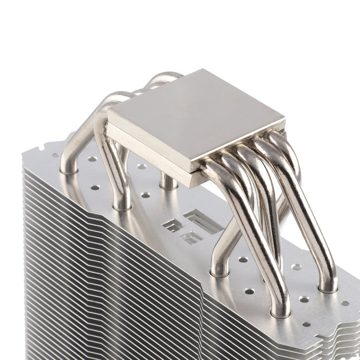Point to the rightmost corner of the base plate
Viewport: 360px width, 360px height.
pos(284,121)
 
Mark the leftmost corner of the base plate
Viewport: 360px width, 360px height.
pos(108,123)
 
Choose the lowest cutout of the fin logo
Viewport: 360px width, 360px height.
pos(191,238)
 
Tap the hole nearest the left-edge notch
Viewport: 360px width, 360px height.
pos(55,154)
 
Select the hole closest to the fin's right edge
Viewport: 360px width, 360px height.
pos(344,303)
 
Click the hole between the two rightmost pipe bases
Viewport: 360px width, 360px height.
pos(304,299)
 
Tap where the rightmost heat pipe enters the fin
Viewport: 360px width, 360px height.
pos(329,288)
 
